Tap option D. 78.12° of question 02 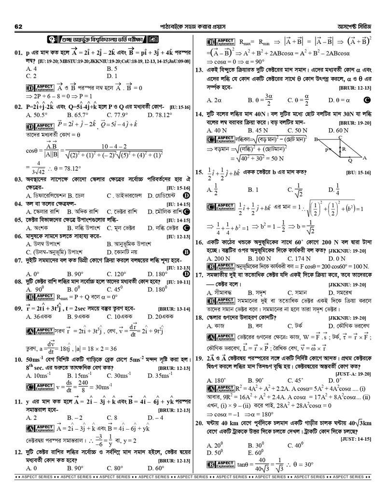point(161,115)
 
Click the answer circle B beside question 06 point(186,252)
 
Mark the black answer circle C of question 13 point(367,100)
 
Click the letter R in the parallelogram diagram point(343,150)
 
